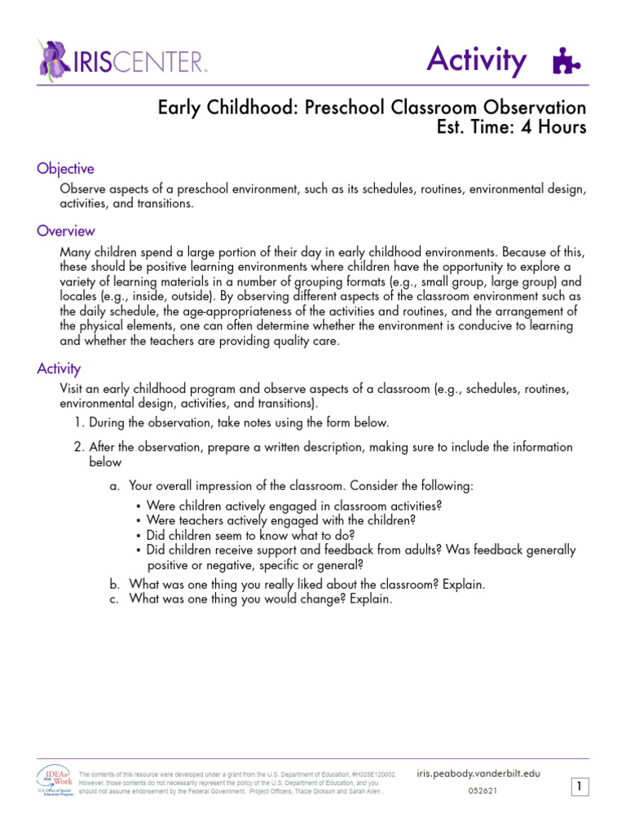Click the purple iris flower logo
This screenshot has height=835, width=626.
point(55,59)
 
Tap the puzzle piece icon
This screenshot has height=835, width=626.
point(566,62)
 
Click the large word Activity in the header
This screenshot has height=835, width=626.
point(477,60)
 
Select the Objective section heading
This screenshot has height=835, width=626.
point(65,169)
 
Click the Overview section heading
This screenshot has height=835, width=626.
point(65,232)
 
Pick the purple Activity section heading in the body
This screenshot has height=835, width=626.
point(59,369)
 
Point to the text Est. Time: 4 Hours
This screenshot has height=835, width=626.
point(511,128)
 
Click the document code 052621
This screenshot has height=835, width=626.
point(484,791)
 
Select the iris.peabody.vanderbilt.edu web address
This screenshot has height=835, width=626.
point(478,773)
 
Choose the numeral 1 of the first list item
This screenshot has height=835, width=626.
point(78,422)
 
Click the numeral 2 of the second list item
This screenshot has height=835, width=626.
point(78,447)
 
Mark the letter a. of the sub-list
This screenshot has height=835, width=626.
point(114,486)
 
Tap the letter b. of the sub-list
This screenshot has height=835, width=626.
point(114,585)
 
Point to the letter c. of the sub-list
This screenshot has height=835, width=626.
point(114,599)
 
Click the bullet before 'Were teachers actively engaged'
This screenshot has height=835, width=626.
point(139,521)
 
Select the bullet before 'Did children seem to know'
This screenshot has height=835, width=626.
point(139,536)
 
